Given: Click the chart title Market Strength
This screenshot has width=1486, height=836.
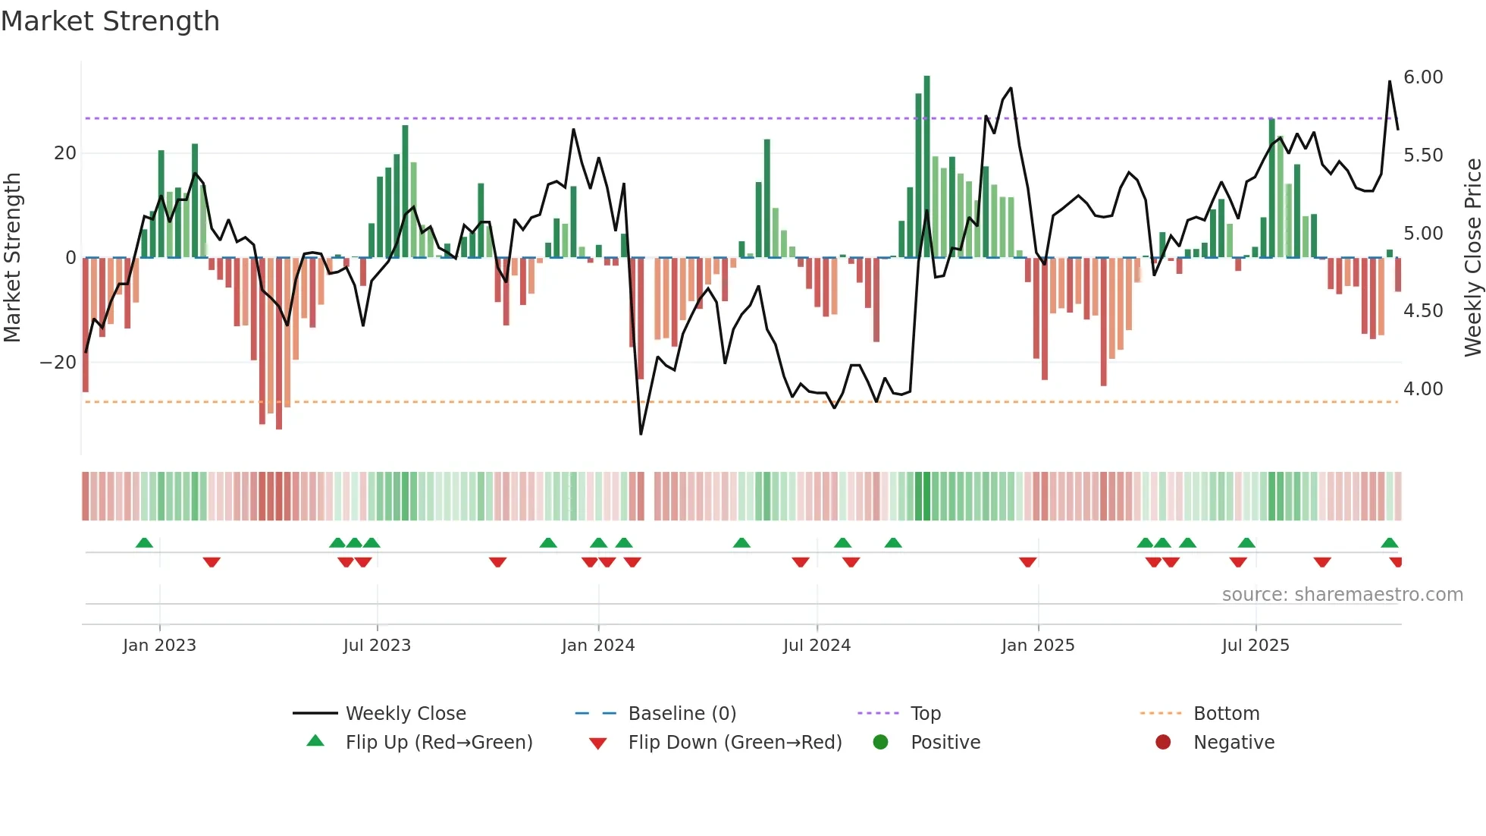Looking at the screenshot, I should pyautogui.click(x=110, y=21).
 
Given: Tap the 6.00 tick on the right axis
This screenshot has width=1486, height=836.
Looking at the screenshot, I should pyautogui.click(x=1422, y=77).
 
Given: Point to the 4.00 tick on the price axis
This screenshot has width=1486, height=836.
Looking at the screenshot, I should pyautogui.click(x=1422, y=389).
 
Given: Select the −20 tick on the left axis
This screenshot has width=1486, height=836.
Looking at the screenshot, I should pyautogui.click(x=58, y=363).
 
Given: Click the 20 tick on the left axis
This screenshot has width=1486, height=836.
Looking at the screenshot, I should pyautogui.click(x=65, y=153).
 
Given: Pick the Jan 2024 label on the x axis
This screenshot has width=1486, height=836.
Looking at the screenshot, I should pyautogui.click(x=597, y=646).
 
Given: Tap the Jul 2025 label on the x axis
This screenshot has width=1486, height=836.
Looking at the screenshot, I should pyautogui.click(x=1255, y=646).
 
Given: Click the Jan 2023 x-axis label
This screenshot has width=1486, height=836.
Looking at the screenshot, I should pyautogui.click(x=159, y=646).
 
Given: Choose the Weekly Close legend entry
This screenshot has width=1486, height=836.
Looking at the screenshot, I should pyautogui.click(x=405, y=714).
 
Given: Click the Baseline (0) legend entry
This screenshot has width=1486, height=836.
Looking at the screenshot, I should pyautogui.click(x=682, y=714).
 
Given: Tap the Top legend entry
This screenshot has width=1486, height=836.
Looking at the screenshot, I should pyautogui.click(x=925, y=714).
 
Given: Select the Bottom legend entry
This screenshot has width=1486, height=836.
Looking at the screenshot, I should pyautogui.click(x=1226, y=714).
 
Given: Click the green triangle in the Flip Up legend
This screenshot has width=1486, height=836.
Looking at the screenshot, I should pyautogui.click(x=315, y=741).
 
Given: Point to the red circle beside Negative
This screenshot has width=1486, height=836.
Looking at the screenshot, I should pyautogui.click(x=1162, y=742).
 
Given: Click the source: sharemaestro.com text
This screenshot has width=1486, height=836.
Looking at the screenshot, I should pyautogui.click(x=1342, y=595).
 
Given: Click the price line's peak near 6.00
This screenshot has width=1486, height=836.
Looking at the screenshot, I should pyautogui.click(x=1390, y=81).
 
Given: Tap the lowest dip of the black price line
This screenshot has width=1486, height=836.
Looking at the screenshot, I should pyautogui.click(x=641, y=434).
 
